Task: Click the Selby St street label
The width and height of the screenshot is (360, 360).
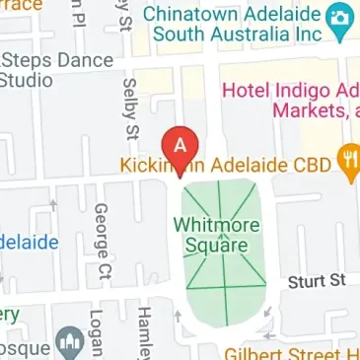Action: point(128,108)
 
